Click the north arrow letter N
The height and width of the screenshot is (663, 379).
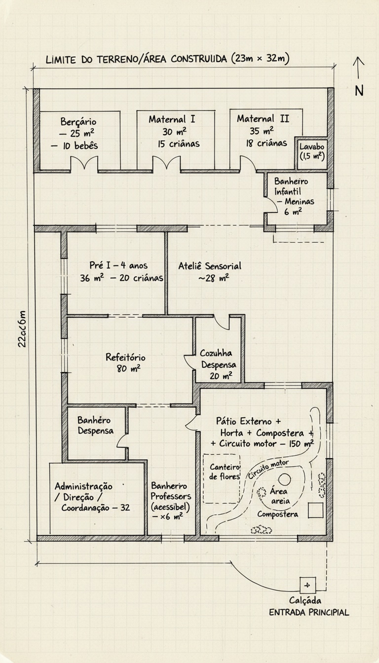[359, 91]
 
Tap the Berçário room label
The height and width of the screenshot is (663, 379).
[78, 121]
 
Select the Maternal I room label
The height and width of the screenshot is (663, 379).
[172, 119]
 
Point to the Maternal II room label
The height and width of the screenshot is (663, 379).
[263, 119]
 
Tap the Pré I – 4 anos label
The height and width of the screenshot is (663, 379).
[118, 266]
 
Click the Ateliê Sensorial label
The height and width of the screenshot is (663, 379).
[210, 266]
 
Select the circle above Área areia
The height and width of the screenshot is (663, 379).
[285, 479]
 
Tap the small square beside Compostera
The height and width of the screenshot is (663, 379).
[315, 511]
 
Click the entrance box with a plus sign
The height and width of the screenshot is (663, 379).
[307, 585]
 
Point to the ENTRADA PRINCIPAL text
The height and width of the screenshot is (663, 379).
[309, 613]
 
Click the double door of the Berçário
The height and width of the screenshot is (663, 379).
[84, 163]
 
